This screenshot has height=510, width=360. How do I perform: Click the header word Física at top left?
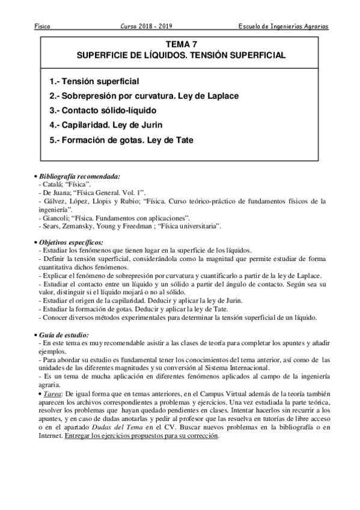point(41,27)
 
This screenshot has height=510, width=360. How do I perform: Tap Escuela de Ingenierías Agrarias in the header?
point(284,27)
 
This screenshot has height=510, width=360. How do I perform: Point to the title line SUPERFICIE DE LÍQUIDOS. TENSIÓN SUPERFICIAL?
point(181,55)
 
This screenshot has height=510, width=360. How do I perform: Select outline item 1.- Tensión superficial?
point(94,81)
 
